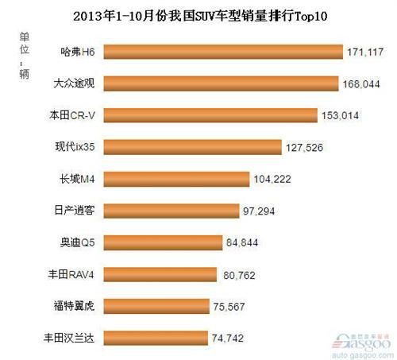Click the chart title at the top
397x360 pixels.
pos(198,14)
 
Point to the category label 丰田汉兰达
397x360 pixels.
pos(67,337)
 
